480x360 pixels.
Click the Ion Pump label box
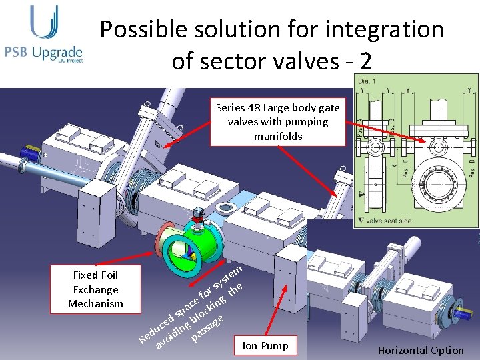click(265, 345)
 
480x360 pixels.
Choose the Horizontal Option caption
click(420, 350)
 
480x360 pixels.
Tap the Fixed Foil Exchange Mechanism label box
click(95, 289)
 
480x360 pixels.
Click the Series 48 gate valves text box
click(277, 122)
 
